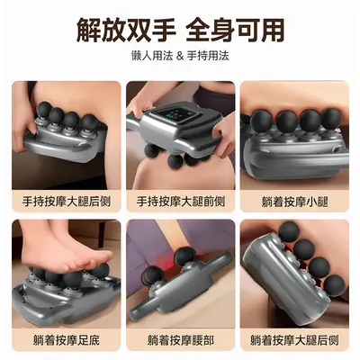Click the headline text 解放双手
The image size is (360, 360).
(x=126, y=30)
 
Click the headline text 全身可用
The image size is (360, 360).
(x=235, y=30)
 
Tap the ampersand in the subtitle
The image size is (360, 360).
(x=180, y=56)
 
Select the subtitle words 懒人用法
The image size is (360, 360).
(x=152, y=56)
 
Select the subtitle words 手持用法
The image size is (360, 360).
(x=208, y=56)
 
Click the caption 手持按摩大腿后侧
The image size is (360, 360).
(x=67, y=202)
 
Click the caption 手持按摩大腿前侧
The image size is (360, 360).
(x=181, y=202)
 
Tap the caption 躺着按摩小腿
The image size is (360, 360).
(x=294, y=202)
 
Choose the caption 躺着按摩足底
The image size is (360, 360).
(x=67, y=340)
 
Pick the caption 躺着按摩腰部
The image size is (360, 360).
(x=181, y=340)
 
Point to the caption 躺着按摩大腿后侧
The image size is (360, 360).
(x=294, y=340)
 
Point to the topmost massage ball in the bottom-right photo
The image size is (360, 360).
(x=289, y=231)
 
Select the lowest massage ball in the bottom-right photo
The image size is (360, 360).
(x=334, y=285)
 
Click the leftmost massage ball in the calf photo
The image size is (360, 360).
(x=261, y=121)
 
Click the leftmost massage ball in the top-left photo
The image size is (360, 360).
(x=44, y=109)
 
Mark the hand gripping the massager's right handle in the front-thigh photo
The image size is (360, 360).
(x=223, y=134)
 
